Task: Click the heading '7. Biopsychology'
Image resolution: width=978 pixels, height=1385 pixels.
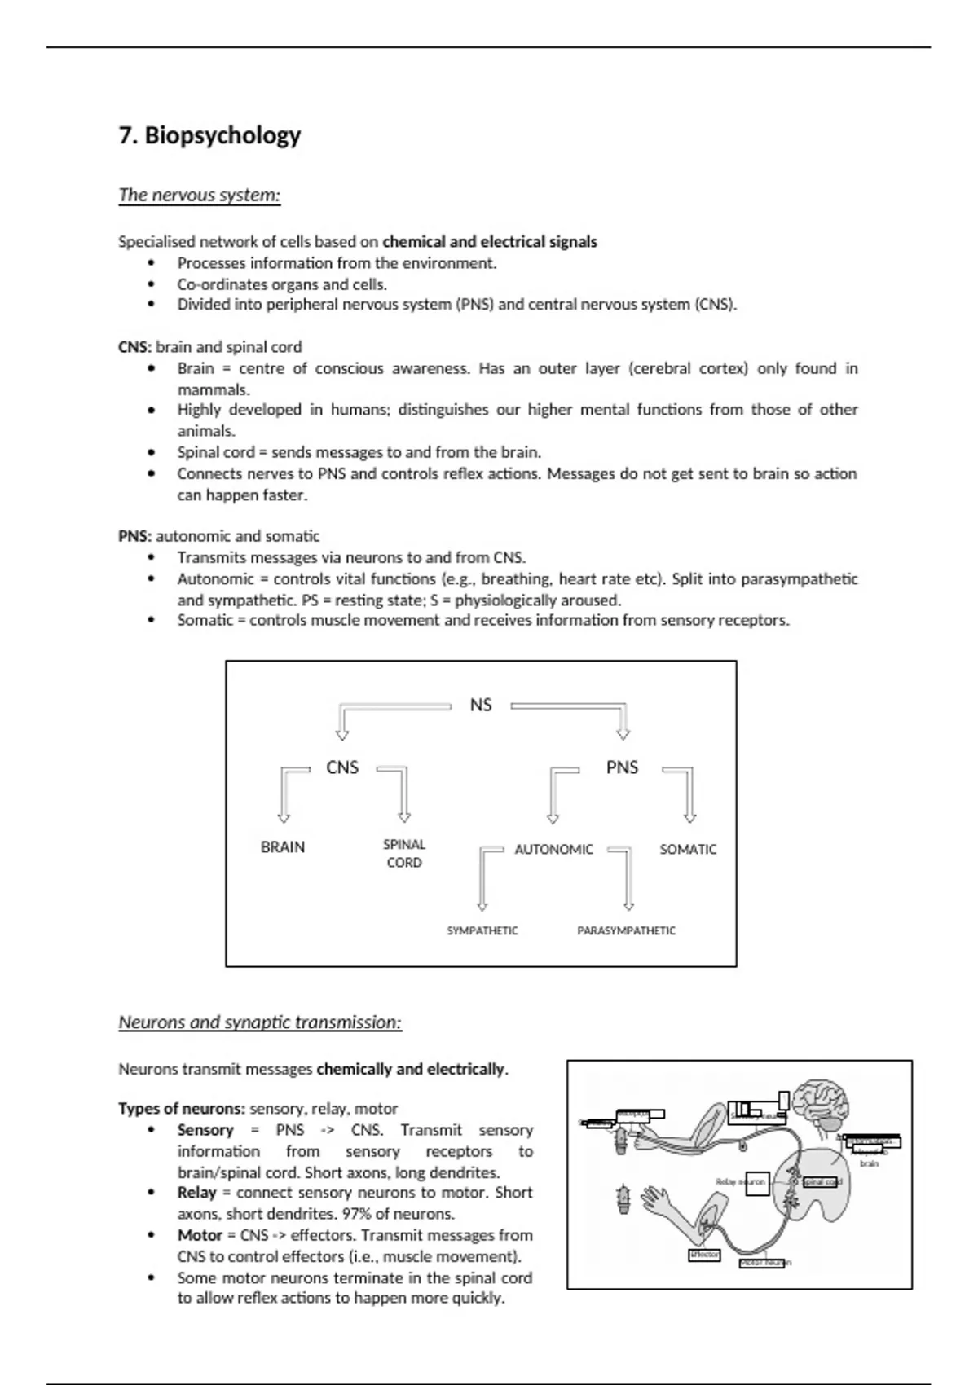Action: (209, 135)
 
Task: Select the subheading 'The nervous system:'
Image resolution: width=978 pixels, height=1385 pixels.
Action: (199, 195)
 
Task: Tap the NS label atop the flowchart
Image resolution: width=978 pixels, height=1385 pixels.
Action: (481, 705)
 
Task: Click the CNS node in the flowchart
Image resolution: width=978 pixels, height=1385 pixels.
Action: (342, 767)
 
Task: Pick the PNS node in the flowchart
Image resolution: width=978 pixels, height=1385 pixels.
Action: (622, 767)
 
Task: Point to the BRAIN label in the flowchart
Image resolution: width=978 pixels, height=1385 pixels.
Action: (283, 847)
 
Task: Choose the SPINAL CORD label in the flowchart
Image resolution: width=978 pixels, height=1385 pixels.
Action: (404, 854)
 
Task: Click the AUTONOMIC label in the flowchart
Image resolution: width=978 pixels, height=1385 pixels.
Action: (553, 849)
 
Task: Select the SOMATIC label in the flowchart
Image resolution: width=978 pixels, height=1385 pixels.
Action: (688, 849)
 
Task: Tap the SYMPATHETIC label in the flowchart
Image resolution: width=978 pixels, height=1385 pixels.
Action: (482, 930)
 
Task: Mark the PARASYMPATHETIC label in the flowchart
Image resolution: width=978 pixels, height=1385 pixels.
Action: (626, 930)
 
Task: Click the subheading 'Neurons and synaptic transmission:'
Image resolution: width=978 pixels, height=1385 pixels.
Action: (260, 1022)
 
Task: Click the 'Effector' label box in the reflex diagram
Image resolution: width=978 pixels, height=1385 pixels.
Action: (704, 1255)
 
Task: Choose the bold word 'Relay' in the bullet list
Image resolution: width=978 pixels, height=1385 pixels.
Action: (196, 1193)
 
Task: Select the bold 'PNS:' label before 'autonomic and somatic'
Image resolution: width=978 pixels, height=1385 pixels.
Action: (134, 536)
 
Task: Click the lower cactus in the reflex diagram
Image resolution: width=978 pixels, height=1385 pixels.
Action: (624, 1198)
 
